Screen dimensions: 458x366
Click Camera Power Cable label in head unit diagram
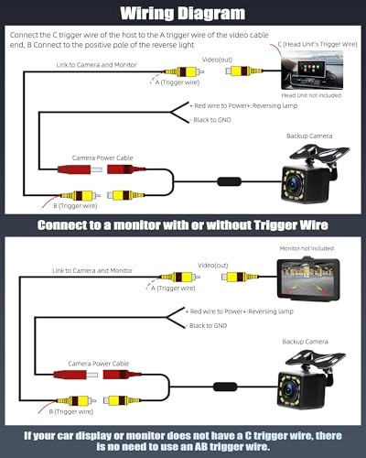tap(102, 158)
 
